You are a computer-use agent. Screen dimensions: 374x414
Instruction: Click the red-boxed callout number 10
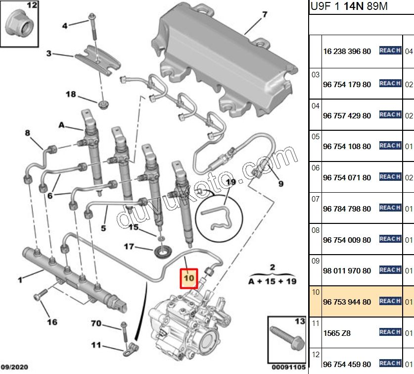point(189,279)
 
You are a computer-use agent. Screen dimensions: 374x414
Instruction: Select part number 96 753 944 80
point(347,302)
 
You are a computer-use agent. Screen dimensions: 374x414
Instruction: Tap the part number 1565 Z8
point(337,333)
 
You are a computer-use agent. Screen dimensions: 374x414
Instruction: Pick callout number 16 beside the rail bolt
point(52,322)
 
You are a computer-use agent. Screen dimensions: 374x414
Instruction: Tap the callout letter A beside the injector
point(62,125)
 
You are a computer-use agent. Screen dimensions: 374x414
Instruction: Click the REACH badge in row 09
point(390,270)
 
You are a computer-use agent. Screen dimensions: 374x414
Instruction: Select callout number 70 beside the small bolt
point(96,324)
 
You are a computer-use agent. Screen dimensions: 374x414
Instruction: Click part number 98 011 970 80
point(347,271)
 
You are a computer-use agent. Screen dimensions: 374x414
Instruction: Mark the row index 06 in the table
point(316,168)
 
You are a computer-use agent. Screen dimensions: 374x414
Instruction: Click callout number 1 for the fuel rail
point(20,280)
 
